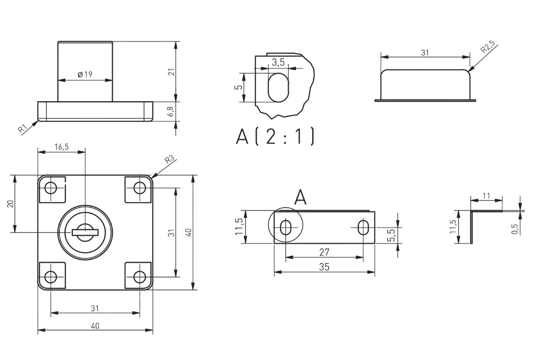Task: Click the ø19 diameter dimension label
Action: click(85, 75)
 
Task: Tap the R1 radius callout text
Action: click(22, 129)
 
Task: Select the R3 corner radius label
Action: click(169, 159)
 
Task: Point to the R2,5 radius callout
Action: click(488, 46)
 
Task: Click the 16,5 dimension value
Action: click(62, 147)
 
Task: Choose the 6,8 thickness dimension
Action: click(171, 112)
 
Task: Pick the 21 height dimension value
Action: click(171, 72)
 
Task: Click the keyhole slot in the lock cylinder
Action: click(85, 233)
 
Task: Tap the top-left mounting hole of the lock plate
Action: click(50, 188)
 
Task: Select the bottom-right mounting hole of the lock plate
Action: click(139, 277)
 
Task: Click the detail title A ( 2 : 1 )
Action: click(275, 136)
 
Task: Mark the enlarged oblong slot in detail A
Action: click(279, 88)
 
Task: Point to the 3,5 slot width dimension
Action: click(278, 62)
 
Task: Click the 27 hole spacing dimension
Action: click(324, 252)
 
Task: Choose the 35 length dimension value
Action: click(324, 267)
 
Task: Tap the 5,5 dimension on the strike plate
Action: click(391, 235)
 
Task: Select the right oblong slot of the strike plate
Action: click(363, 227)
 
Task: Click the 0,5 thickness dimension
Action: click(514, 229)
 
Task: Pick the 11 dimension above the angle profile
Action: click(486, 196)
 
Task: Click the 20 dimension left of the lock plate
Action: click(10, 204)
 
